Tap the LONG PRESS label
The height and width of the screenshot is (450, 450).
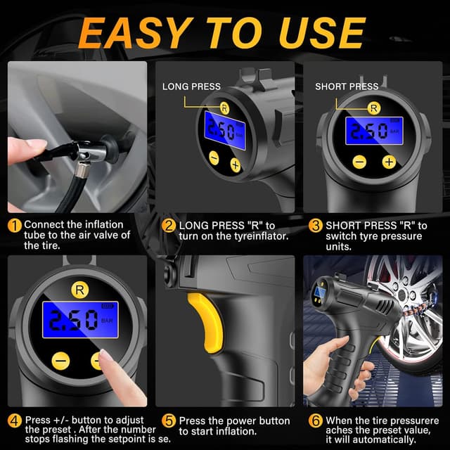191,86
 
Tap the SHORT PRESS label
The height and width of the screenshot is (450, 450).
347,86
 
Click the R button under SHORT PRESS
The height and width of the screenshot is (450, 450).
374,108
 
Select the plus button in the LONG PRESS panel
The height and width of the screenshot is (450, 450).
235,165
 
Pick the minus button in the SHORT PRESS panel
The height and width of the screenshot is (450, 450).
359,162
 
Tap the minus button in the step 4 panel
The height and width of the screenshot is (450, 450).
61,361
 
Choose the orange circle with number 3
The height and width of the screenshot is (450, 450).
316,225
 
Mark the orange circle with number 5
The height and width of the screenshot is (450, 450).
169,421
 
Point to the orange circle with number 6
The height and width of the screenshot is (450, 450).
316,421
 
